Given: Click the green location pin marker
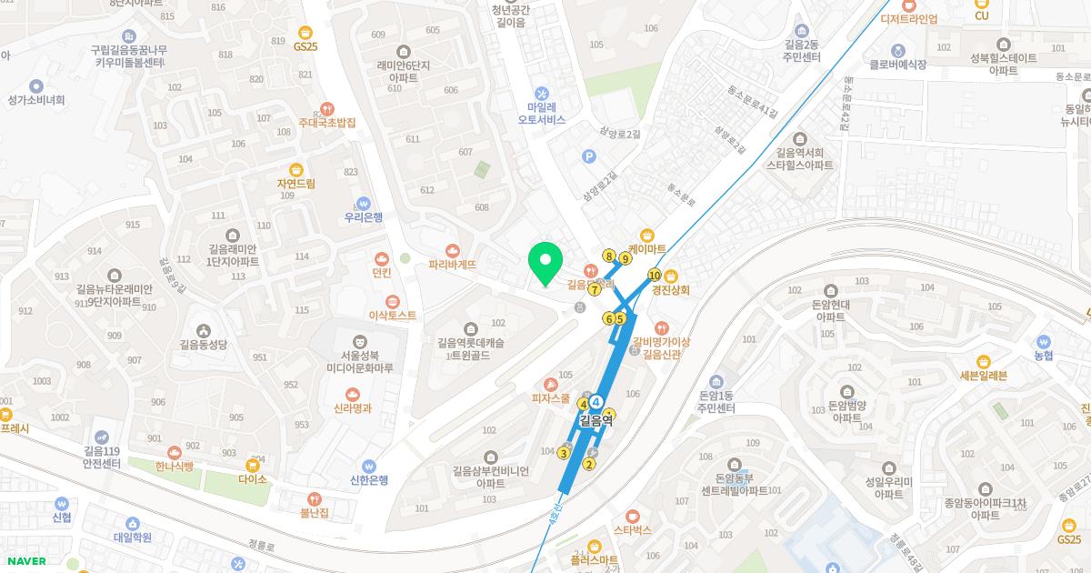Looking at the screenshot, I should (545, 264).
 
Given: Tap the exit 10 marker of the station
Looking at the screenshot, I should (654, 275).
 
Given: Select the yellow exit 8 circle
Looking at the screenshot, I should (608, 256).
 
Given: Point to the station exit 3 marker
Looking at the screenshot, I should (564, 454).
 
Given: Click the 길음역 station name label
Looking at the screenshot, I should (596, 420).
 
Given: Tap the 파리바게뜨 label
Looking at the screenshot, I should (452, 266).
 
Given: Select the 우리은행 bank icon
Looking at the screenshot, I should (364, 203).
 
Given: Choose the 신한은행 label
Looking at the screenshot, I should (369, 480).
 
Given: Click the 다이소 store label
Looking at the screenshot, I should (253, 479).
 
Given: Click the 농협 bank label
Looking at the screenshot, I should (1043, 356).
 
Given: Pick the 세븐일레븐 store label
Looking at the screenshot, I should (984, 375).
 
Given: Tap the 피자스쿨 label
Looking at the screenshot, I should (551, 398).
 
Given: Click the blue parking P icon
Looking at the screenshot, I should (589, 156).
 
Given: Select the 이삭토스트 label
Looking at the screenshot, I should (392, 316).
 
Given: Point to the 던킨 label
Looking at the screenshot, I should (381, 272).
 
